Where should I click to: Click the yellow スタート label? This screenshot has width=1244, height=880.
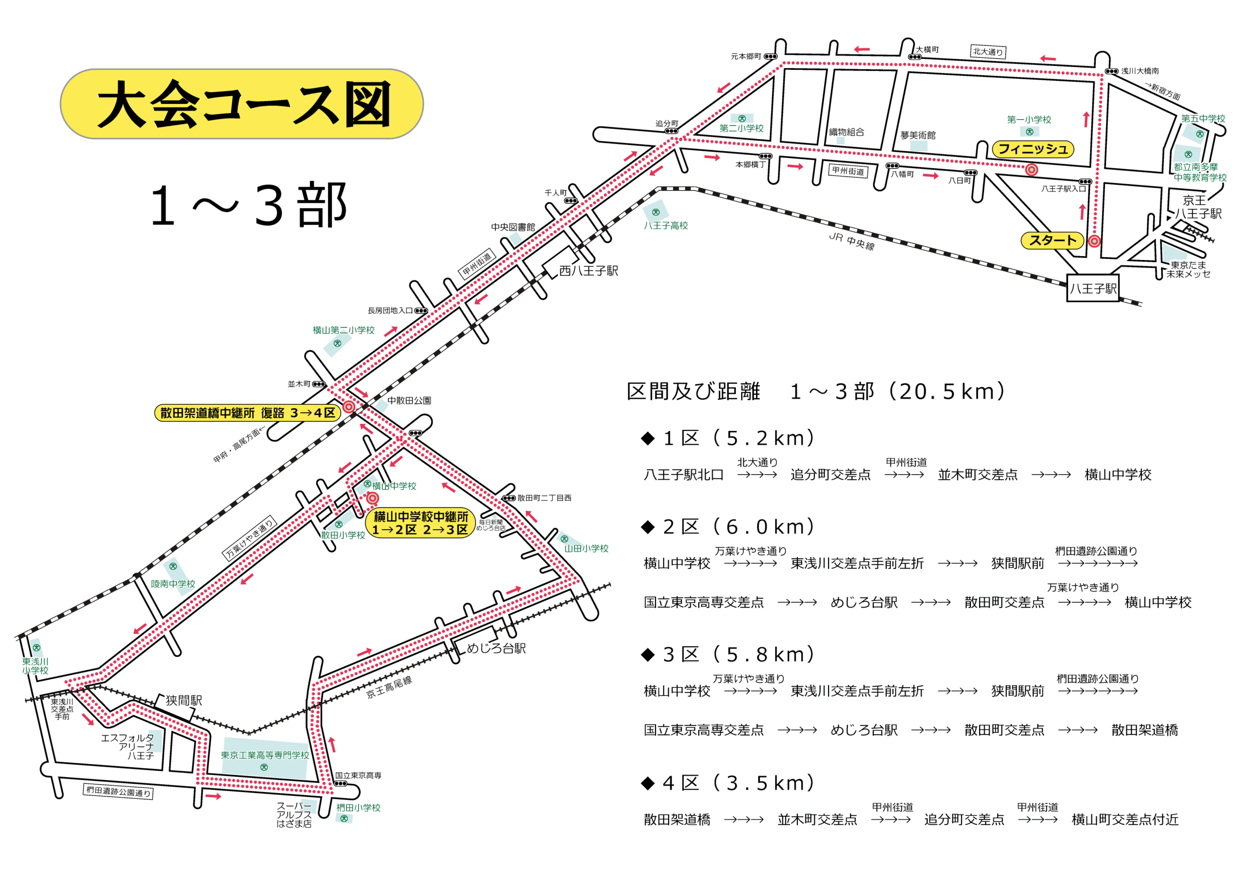[x=1052, y=240]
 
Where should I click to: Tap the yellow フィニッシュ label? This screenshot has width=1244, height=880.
[x=1032, y=149]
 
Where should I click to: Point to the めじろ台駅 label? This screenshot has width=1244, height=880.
[x=496, y=648]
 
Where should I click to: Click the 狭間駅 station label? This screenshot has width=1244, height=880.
[x=184, y=700]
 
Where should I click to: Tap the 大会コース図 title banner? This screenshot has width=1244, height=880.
[x=242, y=104]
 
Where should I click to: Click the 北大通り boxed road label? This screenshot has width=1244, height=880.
[x=988, y=52]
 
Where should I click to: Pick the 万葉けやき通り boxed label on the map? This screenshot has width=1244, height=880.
[x=250, y=537]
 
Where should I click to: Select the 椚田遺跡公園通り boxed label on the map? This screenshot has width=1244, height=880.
[x=119, y=792]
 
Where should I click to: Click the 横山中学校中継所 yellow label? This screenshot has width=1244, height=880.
[x=420, y=523]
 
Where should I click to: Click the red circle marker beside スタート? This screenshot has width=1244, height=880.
[x=1094, y=241]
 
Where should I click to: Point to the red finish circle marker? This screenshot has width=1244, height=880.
[x=1031, y=170]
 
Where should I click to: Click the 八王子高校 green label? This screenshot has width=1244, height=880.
[x=665, y=225]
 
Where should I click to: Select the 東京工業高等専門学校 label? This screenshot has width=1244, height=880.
[x=264, y=755]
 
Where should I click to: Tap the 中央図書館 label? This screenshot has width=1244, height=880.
[x=513, y=227]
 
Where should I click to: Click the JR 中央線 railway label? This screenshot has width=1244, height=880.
[x=851, y=242]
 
